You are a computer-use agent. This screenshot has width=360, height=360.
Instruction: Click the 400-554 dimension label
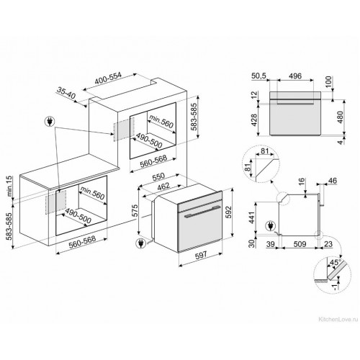click(113, 78)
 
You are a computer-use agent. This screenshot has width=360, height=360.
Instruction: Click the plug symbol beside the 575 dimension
click(138, 243)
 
